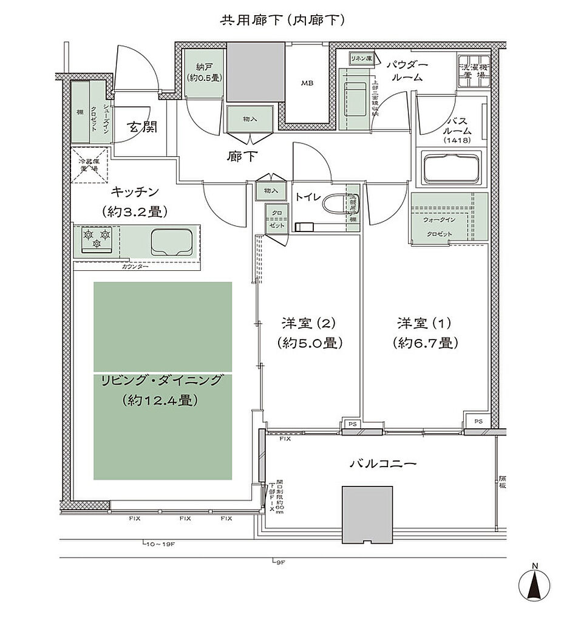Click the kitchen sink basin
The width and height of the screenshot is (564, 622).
pos(172,241)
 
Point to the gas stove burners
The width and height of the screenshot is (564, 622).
pos(97,238)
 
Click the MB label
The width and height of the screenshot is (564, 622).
pos(308,84)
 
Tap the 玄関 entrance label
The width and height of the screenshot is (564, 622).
pos(142,128)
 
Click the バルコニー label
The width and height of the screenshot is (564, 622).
pos(383,463)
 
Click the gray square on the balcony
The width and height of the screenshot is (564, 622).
pos(367,515)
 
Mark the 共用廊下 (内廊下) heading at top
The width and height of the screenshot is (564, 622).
pos(282,19)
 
